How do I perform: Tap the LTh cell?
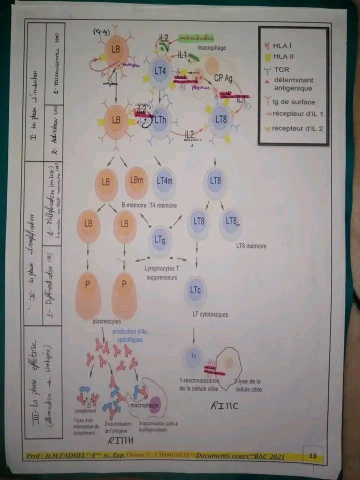[160, 120]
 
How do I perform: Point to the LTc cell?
[195, 290]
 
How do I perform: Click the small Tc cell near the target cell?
[193, 356]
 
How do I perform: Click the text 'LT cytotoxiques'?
[210, 314]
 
